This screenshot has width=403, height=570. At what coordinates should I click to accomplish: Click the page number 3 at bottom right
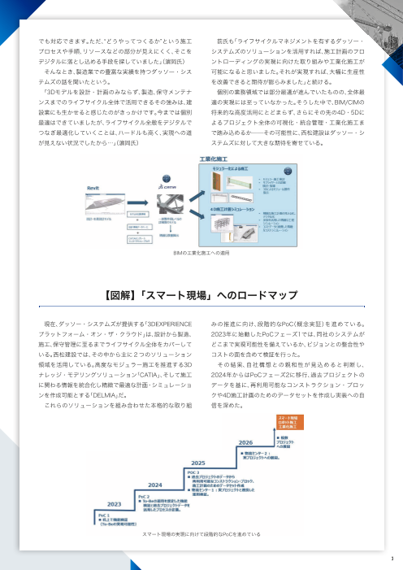tap(391, 559)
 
